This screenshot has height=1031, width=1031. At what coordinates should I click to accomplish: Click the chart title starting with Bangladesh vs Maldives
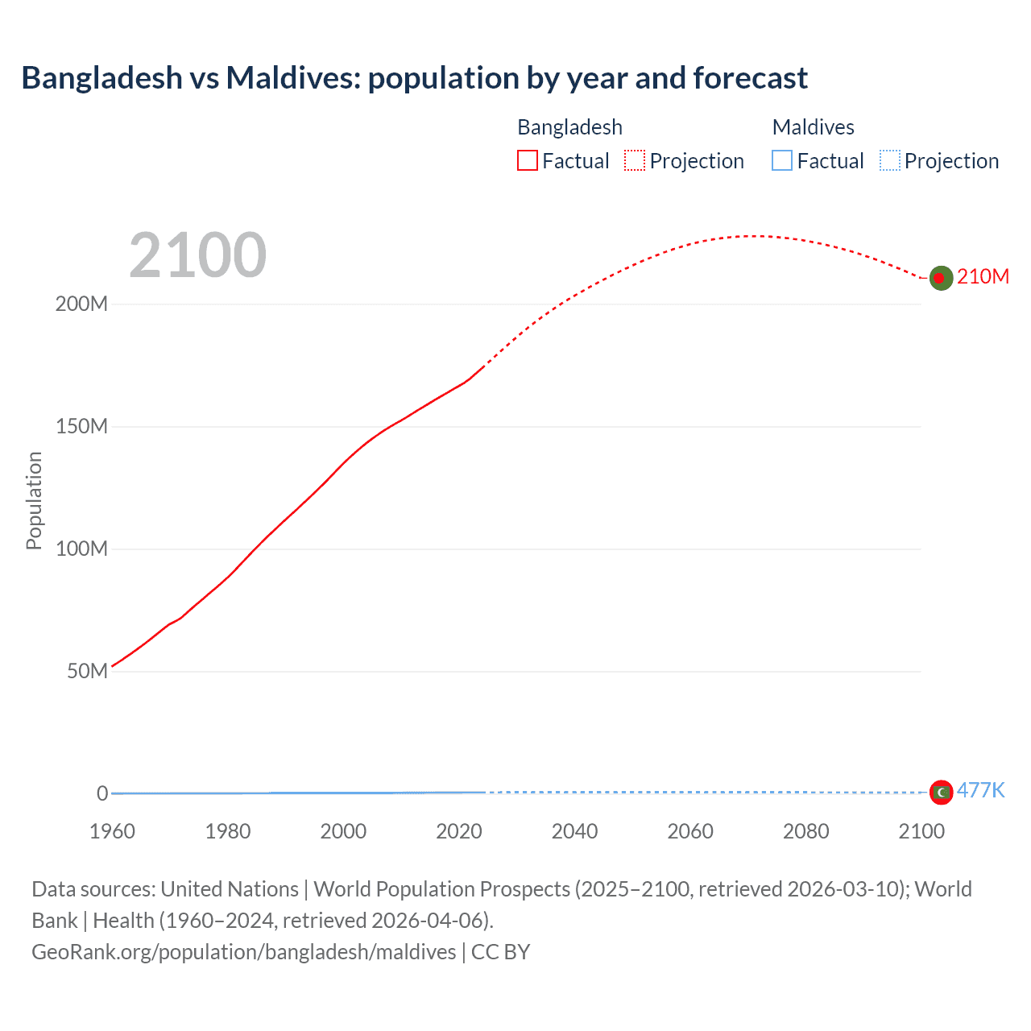[x=414, y=78]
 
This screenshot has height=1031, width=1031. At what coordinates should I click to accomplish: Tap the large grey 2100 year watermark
[x=197, y=255]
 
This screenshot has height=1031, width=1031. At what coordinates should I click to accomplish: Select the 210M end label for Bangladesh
[x=983, y=276]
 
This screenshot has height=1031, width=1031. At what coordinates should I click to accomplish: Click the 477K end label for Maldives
[x=980, y=790]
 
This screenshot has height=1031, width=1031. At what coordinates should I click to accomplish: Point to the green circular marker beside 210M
[x=941, y=278]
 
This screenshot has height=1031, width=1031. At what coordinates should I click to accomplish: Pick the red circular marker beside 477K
[x=941, y=793]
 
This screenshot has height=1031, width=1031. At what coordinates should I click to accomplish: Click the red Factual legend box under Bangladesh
[x=528, y=161]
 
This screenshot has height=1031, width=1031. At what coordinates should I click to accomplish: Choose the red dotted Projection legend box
[x=635, y=161]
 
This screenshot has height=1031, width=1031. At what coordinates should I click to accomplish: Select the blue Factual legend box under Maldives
[x=782, y=161]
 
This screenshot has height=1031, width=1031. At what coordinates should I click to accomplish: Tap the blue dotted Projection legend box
[x=890, y=161]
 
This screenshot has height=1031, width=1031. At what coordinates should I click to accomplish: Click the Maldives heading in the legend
[x=813, y=127]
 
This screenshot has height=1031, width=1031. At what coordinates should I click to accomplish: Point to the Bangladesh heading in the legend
[x=569, y=127]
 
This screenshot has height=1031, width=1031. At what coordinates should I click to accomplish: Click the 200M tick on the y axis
[x=81, y=304]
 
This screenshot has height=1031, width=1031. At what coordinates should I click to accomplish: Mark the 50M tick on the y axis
[x=86, y=671]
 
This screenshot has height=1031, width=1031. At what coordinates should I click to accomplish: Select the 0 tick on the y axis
[x=102, y=793]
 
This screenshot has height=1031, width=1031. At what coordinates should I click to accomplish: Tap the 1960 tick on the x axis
[x=112, y=831]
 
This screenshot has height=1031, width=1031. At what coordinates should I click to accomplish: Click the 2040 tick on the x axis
[x=574, y=831]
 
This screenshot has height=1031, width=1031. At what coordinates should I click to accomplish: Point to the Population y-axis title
[x=34, y=500]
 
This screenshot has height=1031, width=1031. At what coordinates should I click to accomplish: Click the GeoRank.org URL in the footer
[x=243, y=952]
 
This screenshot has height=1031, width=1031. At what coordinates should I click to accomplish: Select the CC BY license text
[x=500, y=952]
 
